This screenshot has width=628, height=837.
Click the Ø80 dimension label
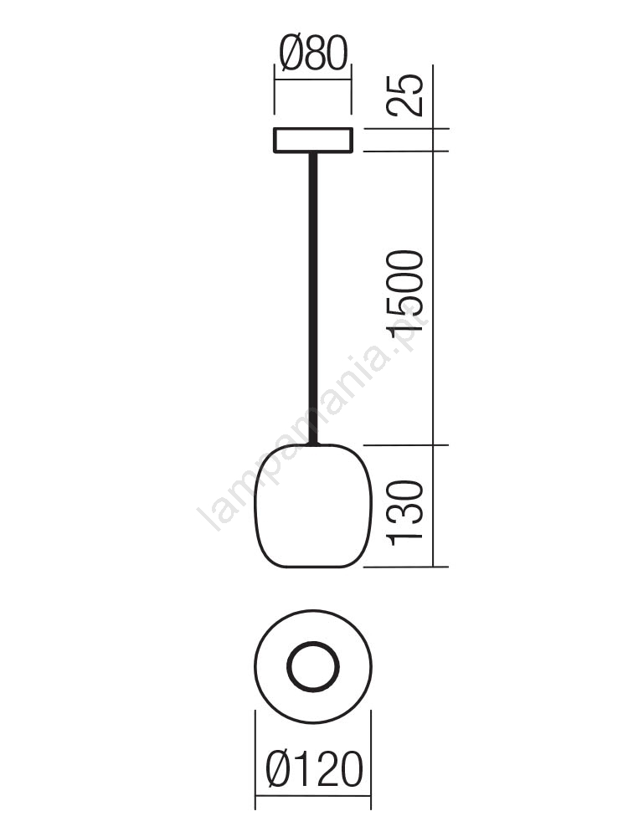pyautogui.click(x=313, y=54)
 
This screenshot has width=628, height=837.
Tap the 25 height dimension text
pyautogui.click(x=404, y=95)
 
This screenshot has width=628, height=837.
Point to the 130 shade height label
pyautogui.click(x=404, y=513)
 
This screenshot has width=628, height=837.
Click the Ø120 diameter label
pyautogui.click(x=314, y=769)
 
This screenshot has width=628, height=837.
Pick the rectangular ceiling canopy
pyautogui.click(x=313, y=141)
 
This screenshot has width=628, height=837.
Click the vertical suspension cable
pyautogui.click(x=313, y=299)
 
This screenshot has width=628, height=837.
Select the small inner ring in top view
pyautogui.click(x=313, y=642)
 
